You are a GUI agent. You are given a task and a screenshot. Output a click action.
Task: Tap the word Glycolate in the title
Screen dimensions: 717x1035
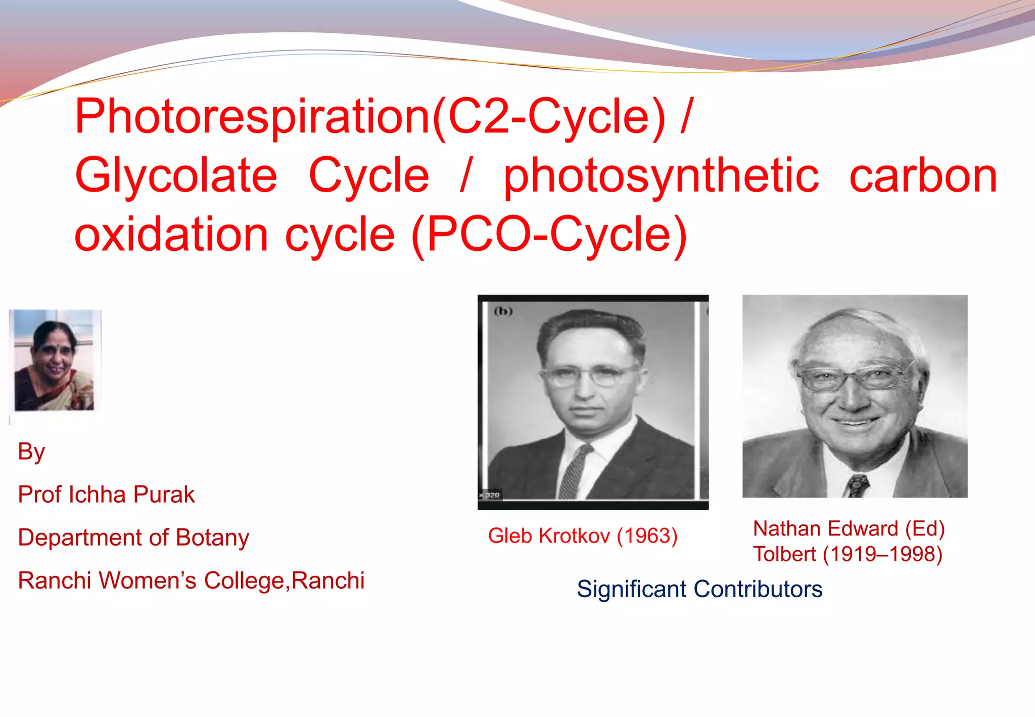point(176,176)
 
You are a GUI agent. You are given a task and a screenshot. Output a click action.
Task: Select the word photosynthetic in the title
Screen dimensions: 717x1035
point(661,176)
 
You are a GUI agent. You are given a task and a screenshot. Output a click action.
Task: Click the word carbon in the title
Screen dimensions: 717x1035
point(923,176)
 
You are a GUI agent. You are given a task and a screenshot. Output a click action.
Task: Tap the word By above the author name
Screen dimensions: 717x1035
point(31,452)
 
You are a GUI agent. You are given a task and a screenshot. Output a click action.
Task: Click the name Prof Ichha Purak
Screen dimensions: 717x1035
point(106,495)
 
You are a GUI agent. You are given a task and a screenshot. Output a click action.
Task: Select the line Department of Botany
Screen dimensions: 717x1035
point(133,537)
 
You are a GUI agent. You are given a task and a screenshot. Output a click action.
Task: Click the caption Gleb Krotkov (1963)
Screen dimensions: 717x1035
point(583,536)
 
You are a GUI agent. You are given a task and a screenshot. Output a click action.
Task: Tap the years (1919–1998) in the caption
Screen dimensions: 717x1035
point(882,554)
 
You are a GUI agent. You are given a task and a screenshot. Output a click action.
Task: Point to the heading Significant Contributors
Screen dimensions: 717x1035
point(699,589)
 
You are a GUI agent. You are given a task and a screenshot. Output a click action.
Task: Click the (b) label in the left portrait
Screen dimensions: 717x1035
point(503,311)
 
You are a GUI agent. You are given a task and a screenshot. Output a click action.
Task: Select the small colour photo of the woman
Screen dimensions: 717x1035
point(55,360)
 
